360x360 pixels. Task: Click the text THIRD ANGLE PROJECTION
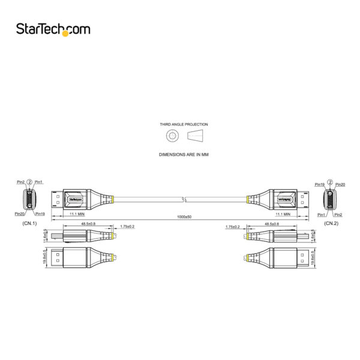[180, 124]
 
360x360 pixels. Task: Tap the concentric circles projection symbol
[172, 136]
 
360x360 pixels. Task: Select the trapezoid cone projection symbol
[196, 136]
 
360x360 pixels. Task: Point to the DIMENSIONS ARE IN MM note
[180, 154]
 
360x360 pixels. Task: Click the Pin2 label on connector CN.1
[21, 182]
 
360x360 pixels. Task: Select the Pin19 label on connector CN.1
[40, 214]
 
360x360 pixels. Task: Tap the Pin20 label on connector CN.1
[20, 214]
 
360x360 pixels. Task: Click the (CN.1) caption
[29, 223]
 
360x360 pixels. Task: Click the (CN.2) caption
[332, 223]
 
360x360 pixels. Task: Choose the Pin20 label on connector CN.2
[340, 184]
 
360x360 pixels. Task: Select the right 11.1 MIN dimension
[283, 214]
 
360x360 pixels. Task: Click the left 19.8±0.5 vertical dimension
[46, 257]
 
